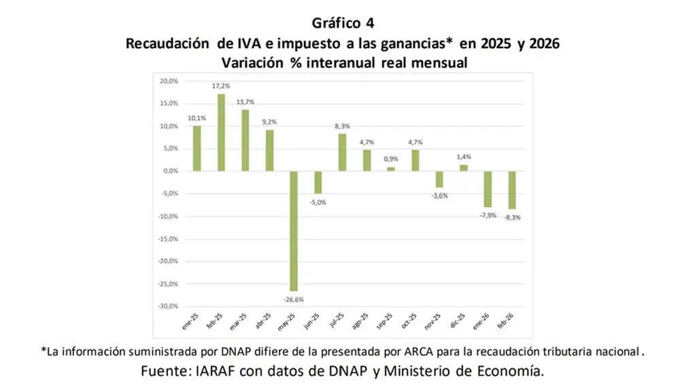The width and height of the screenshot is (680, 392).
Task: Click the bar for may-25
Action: click(x=294, y=231)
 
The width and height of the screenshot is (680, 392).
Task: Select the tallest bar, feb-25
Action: click(x=221, y=132)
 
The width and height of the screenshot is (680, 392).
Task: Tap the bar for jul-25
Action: click(x=342, y=152)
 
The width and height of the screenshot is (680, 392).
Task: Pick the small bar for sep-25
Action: click(x=391, y=168)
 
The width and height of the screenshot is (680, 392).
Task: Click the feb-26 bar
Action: click(x=513, y=190)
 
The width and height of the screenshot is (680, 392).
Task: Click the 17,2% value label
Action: click(x=221, y=86)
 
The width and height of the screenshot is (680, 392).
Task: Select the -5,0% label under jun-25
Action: click(x=318, y=202)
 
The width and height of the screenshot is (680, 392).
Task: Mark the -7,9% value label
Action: click(x=488, y=215)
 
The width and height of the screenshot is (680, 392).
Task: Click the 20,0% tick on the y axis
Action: click(x=168, y=81)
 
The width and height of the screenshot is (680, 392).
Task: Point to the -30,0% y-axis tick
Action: click(x=167, y=306)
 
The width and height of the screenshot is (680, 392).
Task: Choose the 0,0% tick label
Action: click(x=170, y=171)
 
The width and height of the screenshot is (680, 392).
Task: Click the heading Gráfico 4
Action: click(x=342, y=23)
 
